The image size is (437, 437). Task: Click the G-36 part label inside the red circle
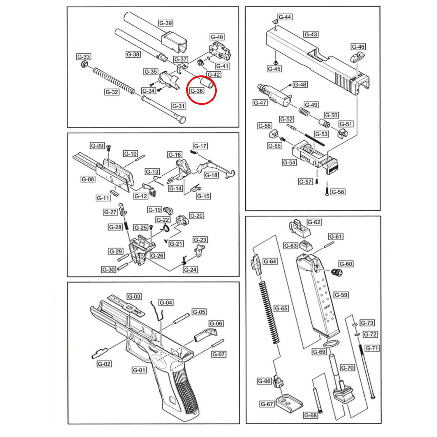coord(197,91)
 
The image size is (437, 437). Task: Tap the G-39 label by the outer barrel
coord(165,23)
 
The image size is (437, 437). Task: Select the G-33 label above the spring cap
coord(84,57)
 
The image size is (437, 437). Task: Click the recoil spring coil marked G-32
coord(114,80)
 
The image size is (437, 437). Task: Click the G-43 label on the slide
coord(311,34)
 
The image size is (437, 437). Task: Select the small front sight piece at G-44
coord(274,21)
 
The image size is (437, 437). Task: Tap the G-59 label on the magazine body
coord(341,295)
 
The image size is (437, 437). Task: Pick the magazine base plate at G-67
coord(289,403)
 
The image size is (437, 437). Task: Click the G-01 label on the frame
coord(139,370)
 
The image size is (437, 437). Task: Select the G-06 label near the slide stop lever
coord(216,323)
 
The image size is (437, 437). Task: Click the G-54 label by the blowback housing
coord(289,162)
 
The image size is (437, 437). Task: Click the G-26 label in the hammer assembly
coord(157,255)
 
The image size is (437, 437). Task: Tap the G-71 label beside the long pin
coord(372,348)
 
